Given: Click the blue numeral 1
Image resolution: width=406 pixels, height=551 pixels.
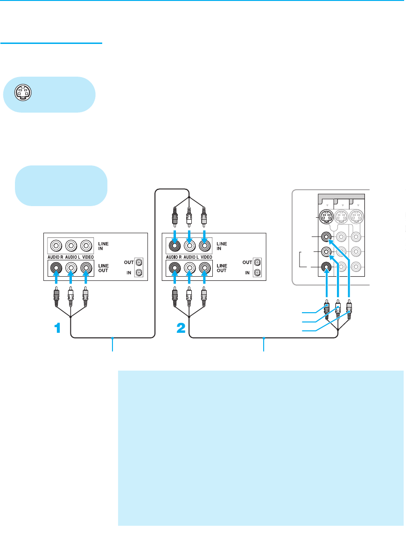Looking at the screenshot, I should coord(57,329).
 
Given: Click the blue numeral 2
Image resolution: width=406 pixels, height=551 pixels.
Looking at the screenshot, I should coord(181,329).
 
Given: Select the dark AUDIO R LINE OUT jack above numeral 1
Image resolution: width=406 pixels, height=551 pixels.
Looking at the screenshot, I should coord(56,268).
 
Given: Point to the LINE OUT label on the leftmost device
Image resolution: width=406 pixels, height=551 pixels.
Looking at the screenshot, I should coord(104,268).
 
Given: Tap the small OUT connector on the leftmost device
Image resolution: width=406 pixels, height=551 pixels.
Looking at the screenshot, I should coord(138,262).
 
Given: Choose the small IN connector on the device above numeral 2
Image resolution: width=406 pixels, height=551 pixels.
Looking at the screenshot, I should coord(256,272).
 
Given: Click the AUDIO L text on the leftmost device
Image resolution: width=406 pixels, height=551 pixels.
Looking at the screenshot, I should coord(71,258).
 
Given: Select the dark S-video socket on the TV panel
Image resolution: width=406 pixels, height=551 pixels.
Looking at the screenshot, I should coord(325,218).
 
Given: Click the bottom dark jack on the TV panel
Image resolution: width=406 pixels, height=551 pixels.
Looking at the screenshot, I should coord(326,268).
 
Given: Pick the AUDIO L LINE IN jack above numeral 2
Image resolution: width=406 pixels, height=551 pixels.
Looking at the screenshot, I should coord(189,245).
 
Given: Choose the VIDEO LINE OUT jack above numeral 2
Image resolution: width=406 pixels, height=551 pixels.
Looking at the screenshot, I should coord(204,268).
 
